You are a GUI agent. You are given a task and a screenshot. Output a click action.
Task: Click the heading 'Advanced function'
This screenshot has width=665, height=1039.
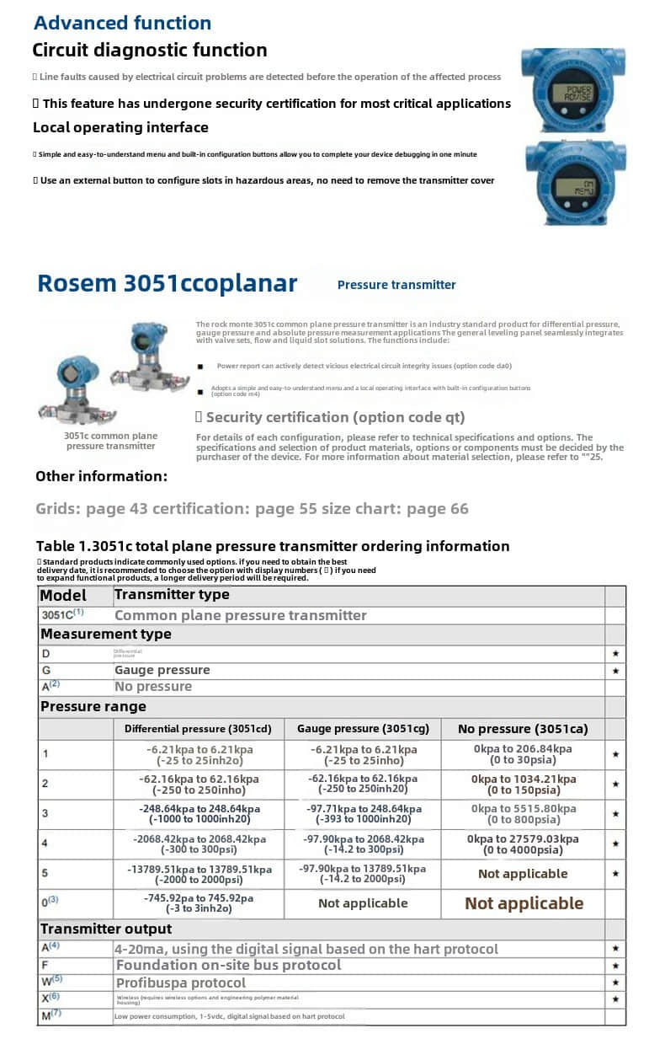pyautogui.click(x=122, y=23)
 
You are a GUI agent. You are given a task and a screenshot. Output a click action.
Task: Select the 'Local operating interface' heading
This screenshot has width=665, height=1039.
pyautogui.click(x=120, y=127)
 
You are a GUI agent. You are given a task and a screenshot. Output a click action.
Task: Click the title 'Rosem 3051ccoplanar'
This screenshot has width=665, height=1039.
pyautogui.click(x=167, y=283)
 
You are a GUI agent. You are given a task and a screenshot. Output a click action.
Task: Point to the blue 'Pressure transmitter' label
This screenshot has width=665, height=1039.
pyautogui.click(x=396, y=285)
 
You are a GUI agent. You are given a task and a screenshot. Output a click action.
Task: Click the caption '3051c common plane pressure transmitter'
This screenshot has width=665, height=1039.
pyautogui.click(x=110, y=441)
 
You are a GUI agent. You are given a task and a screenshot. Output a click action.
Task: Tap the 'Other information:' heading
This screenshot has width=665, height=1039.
pyautogui.click(x=101, y=476)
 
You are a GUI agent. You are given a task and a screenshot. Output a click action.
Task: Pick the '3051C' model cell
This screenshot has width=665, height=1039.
pyautogui.click(x=63, y=615)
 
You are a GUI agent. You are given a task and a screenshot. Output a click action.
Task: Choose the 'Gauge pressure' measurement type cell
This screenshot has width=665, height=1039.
pyautogui.click(x=162, y=670)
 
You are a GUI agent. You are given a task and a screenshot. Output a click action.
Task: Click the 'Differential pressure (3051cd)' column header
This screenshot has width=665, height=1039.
pyautogui.click(x=198, y=728)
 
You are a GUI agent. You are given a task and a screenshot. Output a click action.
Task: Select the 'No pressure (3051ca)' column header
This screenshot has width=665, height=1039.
pyautogui.click(x=523, y=728)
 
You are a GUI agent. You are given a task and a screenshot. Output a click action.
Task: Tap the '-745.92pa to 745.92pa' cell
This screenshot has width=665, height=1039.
pyautogui.click(x=198, y=903)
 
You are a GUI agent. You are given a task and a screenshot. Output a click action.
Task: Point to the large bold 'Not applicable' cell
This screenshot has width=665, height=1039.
pyautogui.click(x=524, y=903)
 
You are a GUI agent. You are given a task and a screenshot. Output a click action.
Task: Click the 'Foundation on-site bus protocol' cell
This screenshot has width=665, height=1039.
pyautogui.click(x=228, y=965)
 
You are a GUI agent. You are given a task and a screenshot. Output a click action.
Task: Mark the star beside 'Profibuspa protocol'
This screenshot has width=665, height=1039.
pyautogui.click(x=616, y=983)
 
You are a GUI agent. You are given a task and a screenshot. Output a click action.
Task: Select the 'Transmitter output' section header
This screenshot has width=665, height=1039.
pyautogui.click(x=106, y=929)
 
